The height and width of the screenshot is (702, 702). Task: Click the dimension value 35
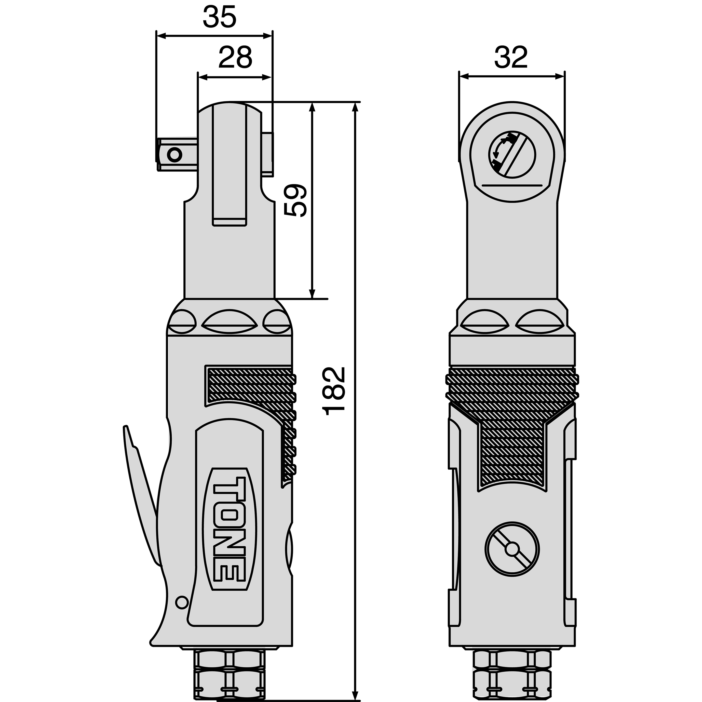[220, 17]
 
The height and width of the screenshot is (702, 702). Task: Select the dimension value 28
[235, 57]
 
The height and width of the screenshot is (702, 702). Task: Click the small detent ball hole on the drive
[175, 155]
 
